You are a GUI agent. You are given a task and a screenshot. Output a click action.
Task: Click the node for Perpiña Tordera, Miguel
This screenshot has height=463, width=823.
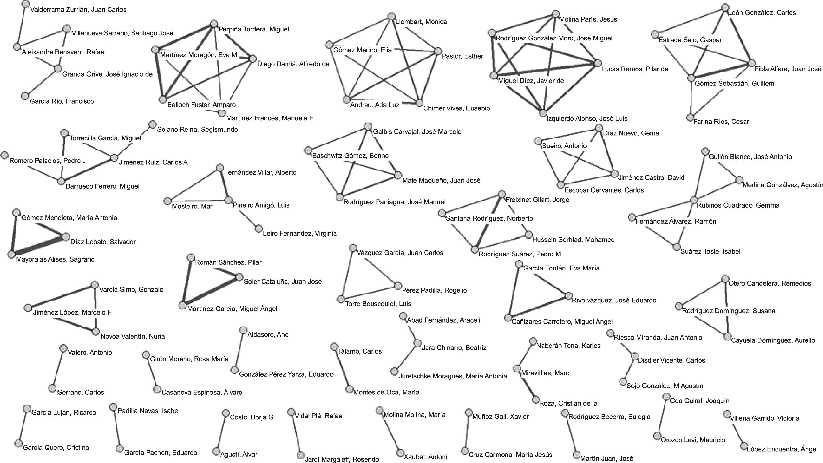tap(214, 24)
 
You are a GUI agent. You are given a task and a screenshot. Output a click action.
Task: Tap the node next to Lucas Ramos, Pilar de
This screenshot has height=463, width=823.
tap(598, 63)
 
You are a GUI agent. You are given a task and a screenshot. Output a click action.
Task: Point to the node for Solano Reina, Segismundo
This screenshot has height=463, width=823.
tap(153, 124)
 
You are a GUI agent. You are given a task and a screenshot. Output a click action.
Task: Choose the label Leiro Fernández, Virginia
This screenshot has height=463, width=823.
tap(299, 234)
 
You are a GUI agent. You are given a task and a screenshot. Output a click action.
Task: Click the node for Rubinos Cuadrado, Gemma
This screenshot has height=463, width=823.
tap(693, 200)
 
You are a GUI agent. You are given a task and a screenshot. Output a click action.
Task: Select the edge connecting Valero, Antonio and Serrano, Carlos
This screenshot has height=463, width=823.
tap(58, 368)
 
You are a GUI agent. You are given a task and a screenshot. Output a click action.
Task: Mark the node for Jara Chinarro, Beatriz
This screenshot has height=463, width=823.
tap(417, 343)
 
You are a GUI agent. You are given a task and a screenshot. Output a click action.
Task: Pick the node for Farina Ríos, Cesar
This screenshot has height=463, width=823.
tap(690, 117)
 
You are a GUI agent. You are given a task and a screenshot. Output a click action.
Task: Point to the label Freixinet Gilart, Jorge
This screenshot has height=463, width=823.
tap(537, 200)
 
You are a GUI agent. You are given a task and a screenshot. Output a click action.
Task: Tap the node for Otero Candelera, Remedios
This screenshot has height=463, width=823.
tap(725, 279)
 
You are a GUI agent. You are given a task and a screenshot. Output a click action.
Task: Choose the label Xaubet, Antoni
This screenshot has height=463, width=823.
tap(425, 457)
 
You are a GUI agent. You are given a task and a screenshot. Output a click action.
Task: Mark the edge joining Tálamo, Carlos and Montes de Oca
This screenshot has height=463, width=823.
tap(342, 368)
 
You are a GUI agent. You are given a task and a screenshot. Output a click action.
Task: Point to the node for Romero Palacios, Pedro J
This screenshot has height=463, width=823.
tap(4, 155)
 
